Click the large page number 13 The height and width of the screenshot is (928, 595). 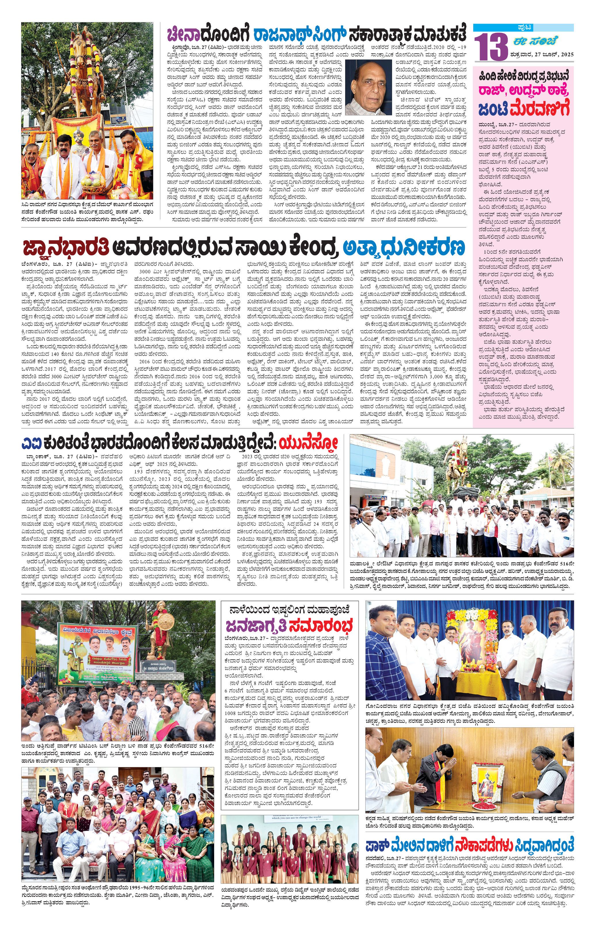tap(491, 47)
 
